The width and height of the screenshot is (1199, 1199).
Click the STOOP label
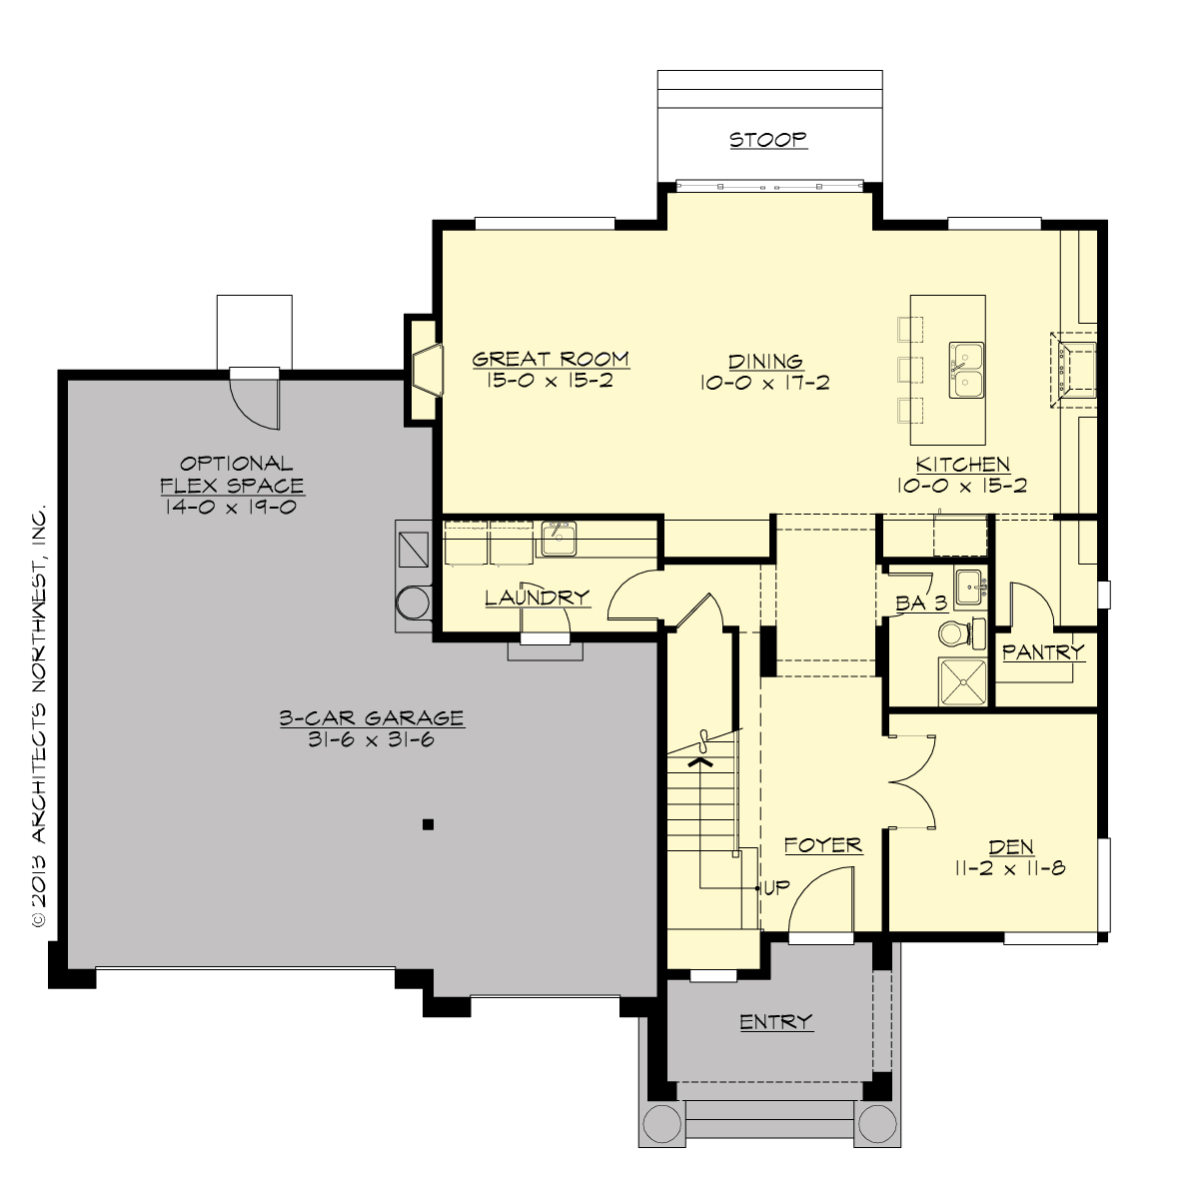(x=768, y=140)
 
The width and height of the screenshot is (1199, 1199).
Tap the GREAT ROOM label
(x=551, y=359)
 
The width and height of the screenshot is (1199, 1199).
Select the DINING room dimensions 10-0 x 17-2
(x=765, y=383)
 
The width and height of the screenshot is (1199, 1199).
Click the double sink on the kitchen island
(x=966, y=370)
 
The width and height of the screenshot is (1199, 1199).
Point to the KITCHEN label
(x=963, y=465)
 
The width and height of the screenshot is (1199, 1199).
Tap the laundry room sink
(x=557, y=540)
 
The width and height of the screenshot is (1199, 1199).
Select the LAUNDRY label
(x=537, y=599)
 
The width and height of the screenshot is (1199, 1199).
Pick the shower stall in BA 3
(x=961, y=681)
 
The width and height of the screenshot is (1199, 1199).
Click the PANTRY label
(x=1043, y=652)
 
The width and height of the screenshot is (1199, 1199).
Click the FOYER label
(x=822, y=845)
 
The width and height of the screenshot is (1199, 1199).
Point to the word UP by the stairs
(x=776, y=887)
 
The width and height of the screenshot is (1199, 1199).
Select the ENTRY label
(x=776, y=1021)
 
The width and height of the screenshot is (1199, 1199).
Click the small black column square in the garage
(x=428, y=824)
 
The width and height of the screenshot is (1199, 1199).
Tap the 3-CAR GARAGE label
(x=372, y=717)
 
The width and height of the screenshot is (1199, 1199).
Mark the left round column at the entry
(x=660, y=1124)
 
